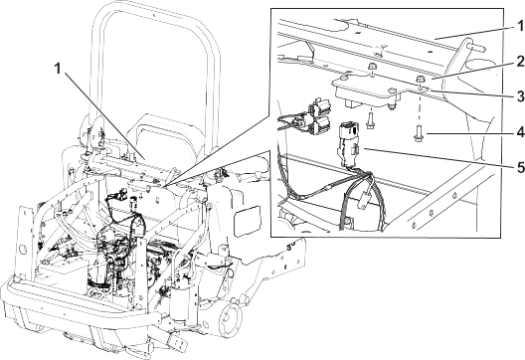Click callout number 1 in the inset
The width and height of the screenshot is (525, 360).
coord(520,26)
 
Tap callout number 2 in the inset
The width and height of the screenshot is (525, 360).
coord(520,62)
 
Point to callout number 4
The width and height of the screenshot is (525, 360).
coord(520,132)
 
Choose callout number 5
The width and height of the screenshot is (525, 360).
coord(520,167)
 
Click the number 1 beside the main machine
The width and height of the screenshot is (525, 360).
coord(58,69)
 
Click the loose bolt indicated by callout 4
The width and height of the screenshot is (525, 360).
coord(419,133)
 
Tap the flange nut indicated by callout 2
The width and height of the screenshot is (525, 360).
coord(420,80)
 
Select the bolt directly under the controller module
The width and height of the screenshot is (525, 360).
coord(370,120)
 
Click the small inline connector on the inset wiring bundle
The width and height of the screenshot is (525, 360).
coord(364,201)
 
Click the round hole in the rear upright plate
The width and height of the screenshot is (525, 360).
coord(23,250)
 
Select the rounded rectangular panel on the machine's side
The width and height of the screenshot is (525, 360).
coord(248,219)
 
